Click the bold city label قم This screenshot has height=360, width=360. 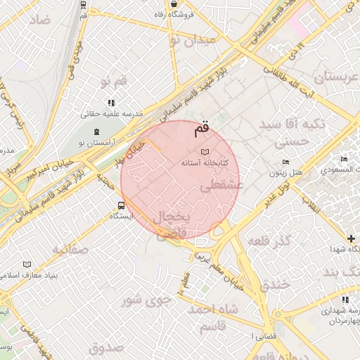click(201, 129)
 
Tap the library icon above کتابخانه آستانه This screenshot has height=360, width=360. click(205, 152)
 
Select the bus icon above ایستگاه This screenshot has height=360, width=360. click(122, 206)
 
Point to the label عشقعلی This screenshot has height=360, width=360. click(221, 186)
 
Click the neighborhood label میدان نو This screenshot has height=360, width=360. click(191, 40)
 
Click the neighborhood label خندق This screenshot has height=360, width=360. click(274, 285)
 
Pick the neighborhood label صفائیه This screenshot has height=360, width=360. click(70, 249)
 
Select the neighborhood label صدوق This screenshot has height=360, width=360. click(106, 347)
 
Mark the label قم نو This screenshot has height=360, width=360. click(114, 82)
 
